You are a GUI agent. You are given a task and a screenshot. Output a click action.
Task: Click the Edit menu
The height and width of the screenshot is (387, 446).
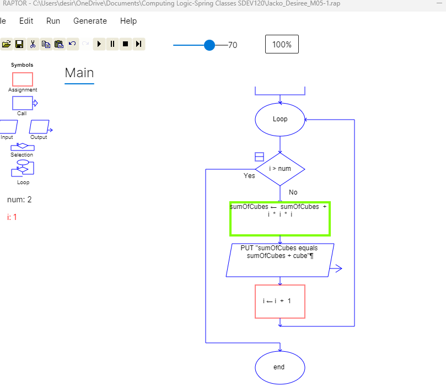click(26, 21)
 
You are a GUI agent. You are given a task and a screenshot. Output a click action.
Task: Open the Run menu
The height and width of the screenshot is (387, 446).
click(53, 21)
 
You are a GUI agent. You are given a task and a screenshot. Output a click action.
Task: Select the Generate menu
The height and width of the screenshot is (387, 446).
click(90, 21)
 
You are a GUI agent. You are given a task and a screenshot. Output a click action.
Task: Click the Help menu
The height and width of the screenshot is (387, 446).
click(128, 21)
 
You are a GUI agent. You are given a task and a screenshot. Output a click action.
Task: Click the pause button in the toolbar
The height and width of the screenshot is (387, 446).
click(112, 44)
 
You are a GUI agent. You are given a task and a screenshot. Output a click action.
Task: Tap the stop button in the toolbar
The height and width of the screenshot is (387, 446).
click(126, 44)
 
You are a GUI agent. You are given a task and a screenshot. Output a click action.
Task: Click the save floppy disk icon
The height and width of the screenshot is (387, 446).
click(19, 44)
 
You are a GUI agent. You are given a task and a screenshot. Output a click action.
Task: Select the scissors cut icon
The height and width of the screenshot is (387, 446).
click(33, 44)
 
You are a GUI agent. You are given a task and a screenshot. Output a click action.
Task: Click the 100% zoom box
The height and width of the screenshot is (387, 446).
click(282, 45)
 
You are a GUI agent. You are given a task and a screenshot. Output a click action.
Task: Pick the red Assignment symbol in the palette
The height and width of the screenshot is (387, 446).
click(23, 79)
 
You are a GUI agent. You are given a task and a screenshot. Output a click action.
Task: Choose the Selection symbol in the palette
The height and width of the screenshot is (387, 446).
click(22, 147)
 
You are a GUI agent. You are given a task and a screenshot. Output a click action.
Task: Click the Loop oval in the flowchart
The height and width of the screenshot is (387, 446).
click(280, 119)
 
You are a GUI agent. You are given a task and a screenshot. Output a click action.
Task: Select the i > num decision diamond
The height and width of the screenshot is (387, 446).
click(280, 169)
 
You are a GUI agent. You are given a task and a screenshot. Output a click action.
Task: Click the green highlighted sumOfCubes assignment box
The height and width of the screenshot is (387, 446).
click(280, 219)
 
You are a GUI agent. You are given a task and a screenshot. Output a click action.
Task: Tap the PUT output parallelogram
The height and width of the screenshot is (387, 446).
click(280, 260)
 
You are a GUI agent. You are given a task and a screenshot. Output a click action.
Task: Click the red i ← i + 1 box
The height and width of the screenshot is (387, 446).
click(280, 301)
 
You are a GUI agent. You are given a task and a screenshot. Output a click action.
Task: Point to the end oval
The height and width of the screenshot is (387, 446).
click(280, 367)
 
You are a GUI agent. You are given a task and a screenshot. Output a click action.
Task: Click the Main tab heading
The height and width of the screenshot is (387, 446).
click(79, 73)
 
